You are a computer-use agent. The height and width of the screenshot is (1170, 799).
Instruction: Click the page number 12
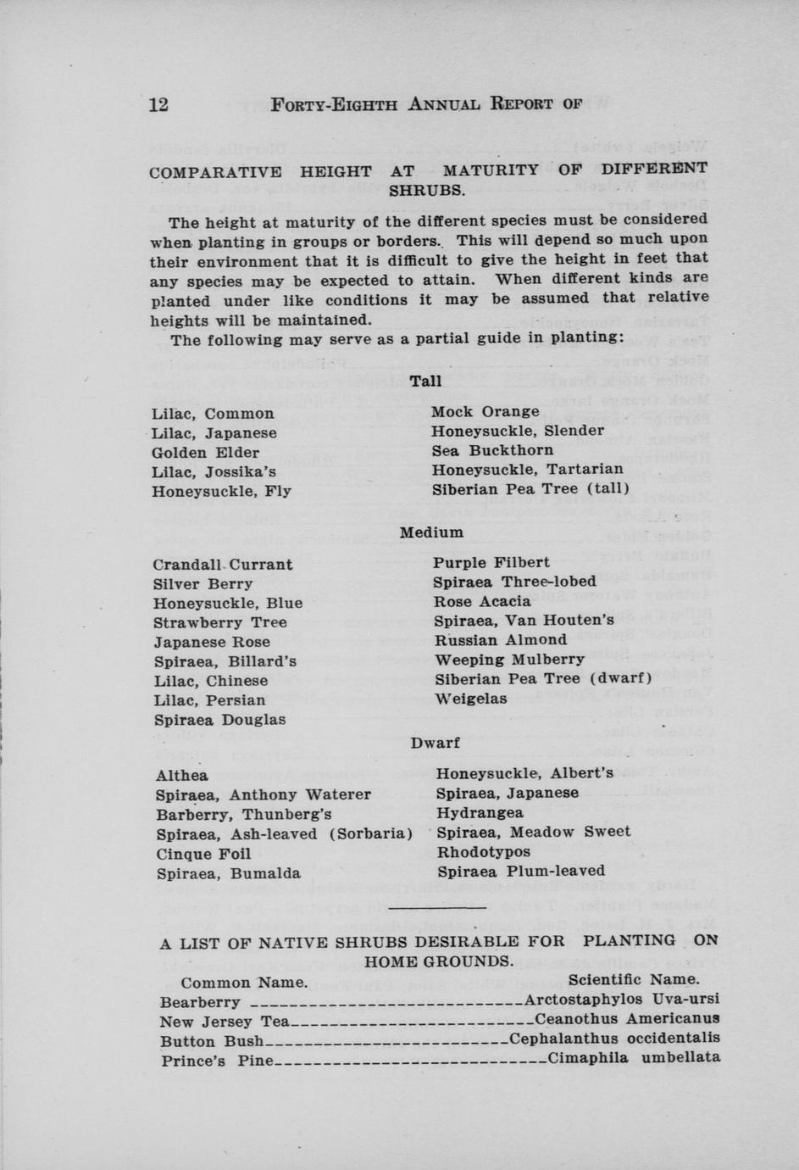[x=158, y=104]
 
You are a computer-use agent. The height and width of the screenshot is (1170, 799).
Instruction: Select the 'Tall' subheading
[x=425, y=382]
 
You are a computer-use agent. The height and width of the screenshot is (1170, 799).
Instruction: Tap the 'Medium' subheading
[x=431, y=532]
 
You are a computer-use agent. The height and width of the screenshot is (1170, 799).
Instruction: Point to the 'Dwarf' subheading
[x=436, y=743]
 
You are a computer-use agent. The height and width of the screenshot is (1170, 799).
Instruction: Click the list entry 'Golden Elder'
[x=205, y=453]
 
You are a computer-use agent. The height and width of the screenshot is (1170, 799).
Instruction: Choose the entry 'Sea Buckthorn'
[x=492, y=450]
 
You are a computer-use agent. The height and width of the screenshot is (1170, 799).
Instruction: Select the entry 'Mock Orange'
[x=486, y=411]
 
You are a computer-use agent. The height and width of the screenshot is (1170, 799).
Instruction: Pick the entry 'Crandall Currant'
[x=223, y=565]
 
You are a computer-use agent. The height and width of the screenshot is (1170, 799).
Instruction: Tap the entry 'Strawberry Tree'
[x=220, y=622]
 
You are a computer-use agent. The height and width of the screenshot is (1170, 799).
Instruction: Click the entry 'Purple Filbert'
[x=491, y=562]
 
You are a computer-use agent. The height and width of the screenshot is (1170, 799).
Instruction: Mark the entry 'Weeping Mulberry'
[x=509, y=659]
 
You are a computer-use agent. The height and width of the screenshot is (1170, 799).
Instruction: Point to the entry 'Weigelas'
[x=471, y=699]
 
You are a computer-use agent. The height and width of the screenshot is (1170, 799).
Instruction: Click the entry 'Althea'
[x=181, y=776]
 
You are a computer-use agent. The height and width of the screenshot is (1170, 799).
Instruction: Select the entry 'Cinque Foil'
[x=203, y=854]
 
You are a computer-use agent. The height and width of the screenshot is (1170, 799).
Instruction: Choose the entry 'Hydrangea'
[x=480, y=812]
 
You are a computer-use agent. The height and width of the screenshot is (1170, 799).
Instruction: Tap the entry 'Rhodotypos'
[x=483, y=851]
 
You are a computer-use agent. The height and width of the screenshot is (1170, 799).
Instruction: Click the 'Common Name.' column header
[x=244, y=983]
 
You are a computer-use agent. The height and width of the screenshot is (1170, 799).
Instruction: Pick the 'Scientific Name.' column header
[x=634, y=979]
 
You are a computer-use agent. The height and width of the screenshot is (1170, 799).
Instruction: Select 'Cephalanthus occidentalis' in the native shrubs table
[x=615, y=1038]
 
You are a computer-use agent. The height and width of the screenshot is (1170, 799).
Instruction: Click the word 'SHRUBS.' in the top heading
[x=427, y=190]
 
